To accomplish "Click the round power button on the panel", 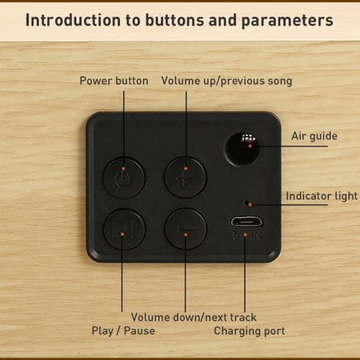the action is tap(124, 178).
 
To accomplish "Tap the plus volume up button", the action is tap(186, 178).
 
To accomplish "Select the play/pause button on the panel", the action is tap(124, 230).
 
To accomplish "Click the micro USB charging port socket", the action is tap(246, 222).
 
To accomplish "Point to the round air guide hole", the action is tap(242, 149).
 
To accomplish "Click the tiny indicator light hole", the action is tap(247, 203).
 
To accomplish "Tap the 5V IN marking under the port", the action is tap(246, 236).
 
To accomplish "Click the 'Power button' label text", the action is tap(114, 81).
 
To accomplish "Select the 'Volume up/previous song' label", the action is tap(226, 81).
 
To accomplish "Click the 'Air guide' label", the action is tap(314, 136).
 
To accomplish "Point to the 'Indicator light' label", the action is tap(322, 196).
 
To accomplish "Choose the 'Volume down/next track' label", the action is tap(194, 318).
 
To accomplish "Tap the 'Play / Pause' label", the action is tap(123, 330).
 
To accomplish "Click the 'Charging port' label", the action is tap(250, 331).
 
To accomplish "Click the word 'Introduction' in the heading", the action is tap(73, 20).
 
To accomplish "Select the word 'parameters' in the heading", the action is tap(287, 21).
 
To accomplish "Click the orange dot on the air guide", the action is tap(250, 146).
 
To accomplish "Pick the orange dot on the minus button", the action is tap(186, 234).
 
